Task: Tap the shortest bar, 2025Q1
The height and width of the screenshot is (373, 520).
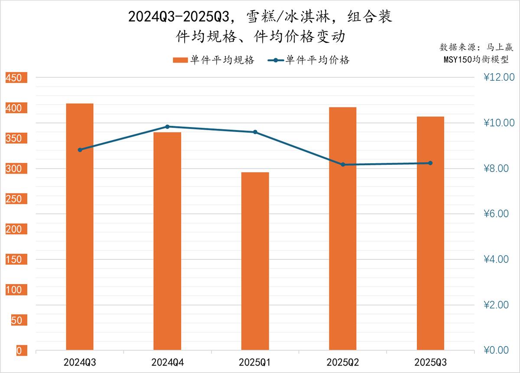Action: [255, 261]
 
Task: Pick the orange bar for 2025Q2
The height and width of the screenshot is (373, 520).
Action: [343, 228]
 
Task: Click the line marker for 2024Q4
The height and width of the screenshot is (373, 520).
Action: [167, 127]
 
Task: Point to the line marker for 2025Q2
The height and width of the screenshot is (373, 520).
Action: [343, 164]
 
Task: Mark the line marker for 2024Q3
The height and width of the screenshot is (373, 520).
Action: [80, 150]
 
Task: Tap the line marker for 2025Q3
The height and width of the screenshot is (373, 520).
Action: [430, 163]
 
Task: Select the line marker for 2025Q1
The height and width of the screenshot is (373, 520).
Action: [255, 132]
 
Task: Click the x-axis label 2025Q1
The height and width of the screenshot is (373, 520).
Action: [255, 362]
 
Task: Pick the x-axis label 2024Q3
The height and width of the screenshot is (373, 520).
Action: [80, 362]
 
